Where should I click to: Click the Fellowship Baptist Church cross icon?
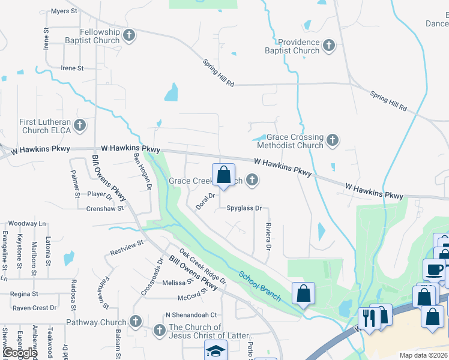[128, 35]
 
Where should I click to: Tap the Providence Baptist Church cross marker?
[328, 45]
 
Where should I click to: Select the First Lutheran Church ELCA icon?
[80, 125]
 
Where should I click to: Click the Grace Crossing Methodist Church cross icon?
[332, 140]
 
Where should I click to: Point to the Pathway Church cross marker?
[135, 322]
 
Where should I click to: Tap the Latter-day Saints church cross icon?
[159, 330]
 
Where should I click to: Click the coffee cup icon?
[433, 269]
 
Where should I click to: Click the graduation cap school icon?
[215, 350]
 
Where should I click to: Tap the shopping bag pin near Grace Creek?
[223, 176]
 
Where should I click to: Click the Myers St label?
[65, 11]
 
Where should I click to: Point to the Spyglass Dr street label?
[244, 208]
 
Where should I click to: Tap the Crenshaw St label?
[104, 208]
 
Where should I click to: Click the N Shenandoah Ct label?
[191, 314]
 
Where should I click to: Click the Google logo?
[19, 353]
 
